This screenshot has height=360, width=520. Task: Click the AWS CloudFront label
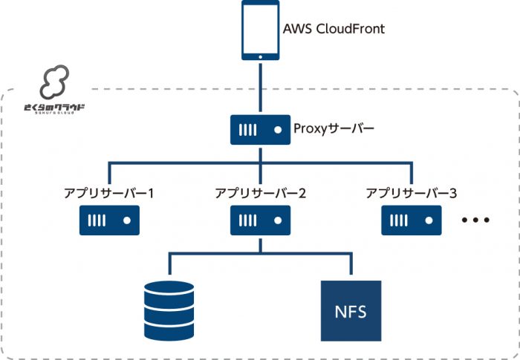(x=334, y=30)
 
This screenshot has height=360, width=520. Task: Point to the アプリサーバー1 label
(x=108, y=194)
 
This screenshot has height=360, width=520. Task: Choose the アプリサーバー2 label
(x=260, y=194)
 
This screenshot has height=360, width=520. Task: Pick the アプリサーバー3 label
(x=412, y=194)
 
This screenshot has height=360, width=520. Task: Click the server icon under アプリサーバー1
(x=109, y=220)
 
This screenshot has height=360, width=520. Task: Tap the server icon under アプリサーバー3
(x=411, y=220)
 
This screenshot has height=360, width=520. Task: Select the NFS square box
(x=350, y=310)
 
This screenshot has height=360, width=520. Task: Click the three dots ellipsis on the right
(x=475, y=220)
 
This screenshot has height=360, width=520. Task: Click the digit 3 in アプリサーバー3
(x=452, y=194)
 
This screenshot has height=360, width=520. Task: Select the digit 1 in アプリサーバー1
(x=150, y=194)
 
